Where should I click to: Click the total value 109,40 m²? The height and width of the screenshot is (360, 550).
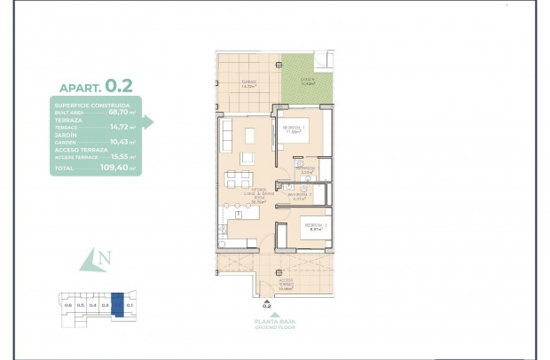coord(121,167)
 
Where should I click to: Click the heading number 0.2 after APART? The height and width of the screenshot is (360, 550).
coord(119,86)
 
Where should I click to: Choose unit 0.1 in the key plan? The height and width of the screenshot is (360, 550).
coord(130,305)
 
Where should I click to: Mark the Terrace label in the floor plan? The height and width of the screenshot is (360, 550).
coord(249,83)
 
